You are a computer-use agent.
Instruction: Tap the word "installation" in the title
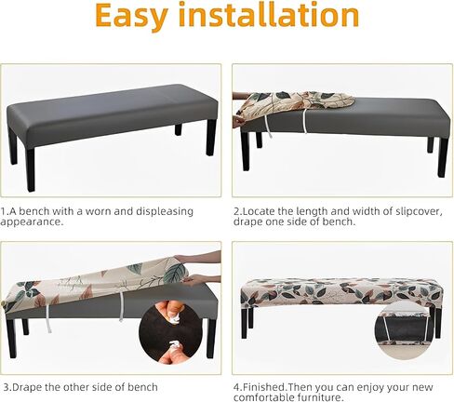click(269, 14)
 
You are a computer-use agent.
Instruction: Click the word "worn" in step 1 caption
click(99, 211)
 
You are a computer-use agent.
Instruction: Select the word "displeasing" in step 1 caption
click(165, 212)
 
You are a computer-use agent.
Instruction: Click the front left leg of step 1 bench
click(30, 169)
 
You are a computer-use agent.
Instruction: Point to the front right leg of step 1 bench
click(210, 138)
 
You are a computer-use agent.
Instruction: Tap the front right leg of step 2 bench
click(443, 157)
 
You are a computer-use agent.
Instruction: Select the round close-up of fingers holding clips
click(170, 331)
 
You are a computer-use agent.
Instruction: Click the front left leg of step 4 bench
click(245, 322)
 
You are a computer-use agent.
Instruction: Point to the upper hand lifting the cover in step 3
click(198, 258)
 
